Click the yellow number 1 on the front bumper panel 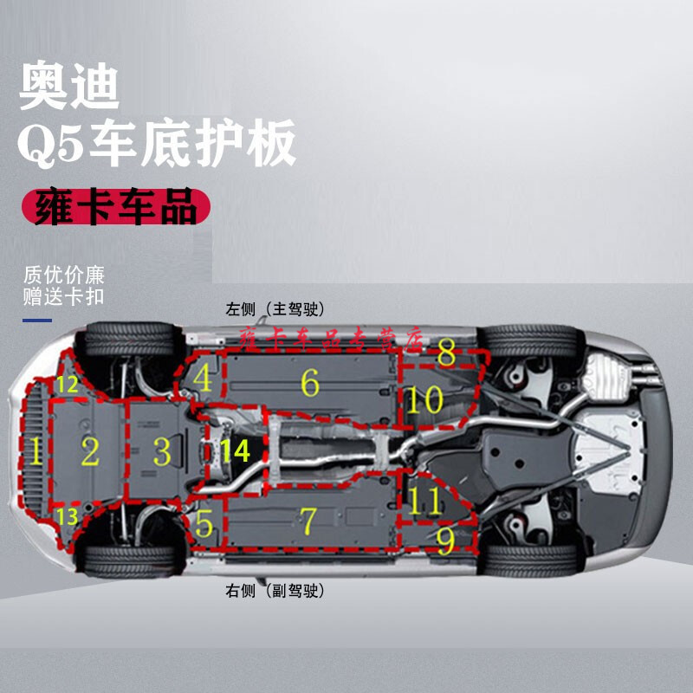(36, 450)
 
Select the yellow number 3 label (162, 451)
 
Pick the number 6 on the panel (309, 381)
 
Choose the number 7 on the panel (308, 521)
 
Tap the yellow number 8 (446, 353)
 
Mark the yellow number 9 (445, 541)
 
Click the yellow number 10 (425, 400)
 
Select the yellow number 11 (425, 502)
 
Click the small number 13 (67, 517)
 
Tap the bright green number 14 (234, 450)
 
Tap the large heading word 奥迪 (70, 87)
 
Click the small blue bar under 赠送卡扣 (37, 320)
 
